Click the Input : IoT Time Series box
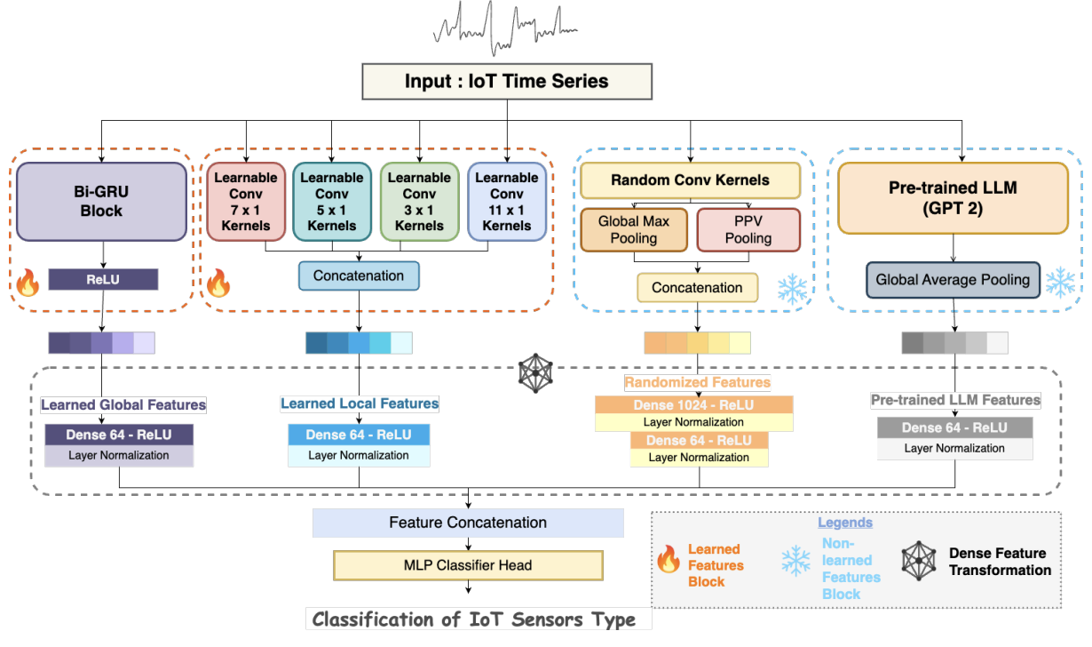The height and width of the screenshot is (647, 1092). pos(507,82)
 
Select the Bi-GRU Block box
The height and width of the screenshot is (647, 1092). pos(101,203)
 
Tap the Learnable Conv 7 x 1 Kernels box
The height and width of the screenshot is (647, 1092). pos(246,202)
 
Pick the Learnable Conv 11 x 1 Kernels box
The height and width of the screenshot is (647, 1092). pos(507,202)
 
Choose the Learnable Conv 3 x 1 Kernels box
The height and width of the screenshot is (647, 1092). pos(419,202)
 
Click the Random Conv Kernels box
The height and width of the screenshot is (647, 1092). pos(690,180)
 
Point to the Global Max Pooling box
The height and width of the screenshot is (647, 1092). pos(634,230)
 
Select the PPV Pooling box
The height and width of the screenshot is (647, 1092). pos(748,230)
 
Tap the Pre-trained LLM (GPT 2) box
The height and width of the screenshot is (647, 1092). pos(953,198)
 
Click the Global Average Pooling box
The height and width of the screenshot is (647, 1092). pos(953,280)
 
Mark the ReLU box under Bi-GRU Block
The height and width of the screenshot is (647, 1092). pos(103,280)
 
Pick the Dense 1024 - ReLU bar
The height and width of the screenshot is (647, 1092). pos(693,405)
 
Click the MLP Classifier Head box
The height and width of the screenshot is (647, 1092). pos(468,565)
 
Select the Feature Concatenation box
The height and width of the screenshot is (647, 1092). pos(468,523)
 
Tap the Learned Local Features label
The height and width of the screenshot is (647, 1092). pos(360,403)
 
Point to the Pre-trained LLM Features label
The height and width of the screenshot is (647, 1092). pos(955,400)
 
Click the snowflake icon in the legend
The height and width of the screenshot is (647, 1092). pos(795,561)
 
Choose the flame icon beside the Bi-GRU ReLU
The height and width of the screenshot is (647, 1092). pos(28,284)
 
